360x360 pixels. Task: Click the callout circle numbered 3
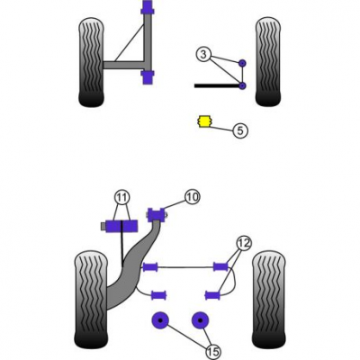click(203, 55)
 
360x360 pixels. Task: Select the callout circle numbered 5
click(240, 130)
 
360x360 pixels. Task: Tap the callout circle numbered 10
click(193, 197)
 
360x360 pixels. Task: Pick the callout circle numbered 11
click(121, 197)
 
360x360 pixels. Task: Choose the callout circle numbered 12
click(244, 243)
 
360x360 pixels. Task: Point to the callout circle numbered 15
click(212, 351)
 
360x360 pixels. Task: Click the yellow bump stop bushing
click(204, 121)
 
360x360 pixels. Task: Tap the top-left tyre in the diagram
click(92, 63)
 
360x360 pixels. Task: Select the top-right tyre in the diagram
click(268, 63)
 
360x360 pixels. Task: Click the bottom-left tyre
click(90, 300)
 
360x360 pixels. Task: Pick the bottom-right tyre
click(268, 300)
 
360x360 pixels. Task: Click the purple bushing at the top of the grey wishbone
click(147, 8)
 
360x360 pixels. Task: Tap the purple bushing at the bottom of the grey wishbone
click(147, 77)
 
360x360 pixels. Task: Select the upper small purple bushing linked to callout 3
click(242, 63)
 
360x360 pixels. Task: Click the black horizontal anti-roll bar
click(217, 85)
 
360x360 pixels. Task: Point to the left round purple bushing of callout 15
click(160, 320)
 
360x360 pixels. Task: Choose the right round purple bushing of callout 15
click(200, 320)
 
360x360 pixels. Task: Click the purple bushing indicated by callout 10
click(157, 214)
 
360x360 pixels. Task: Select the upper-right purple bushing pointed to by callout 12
click(220, 266)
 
